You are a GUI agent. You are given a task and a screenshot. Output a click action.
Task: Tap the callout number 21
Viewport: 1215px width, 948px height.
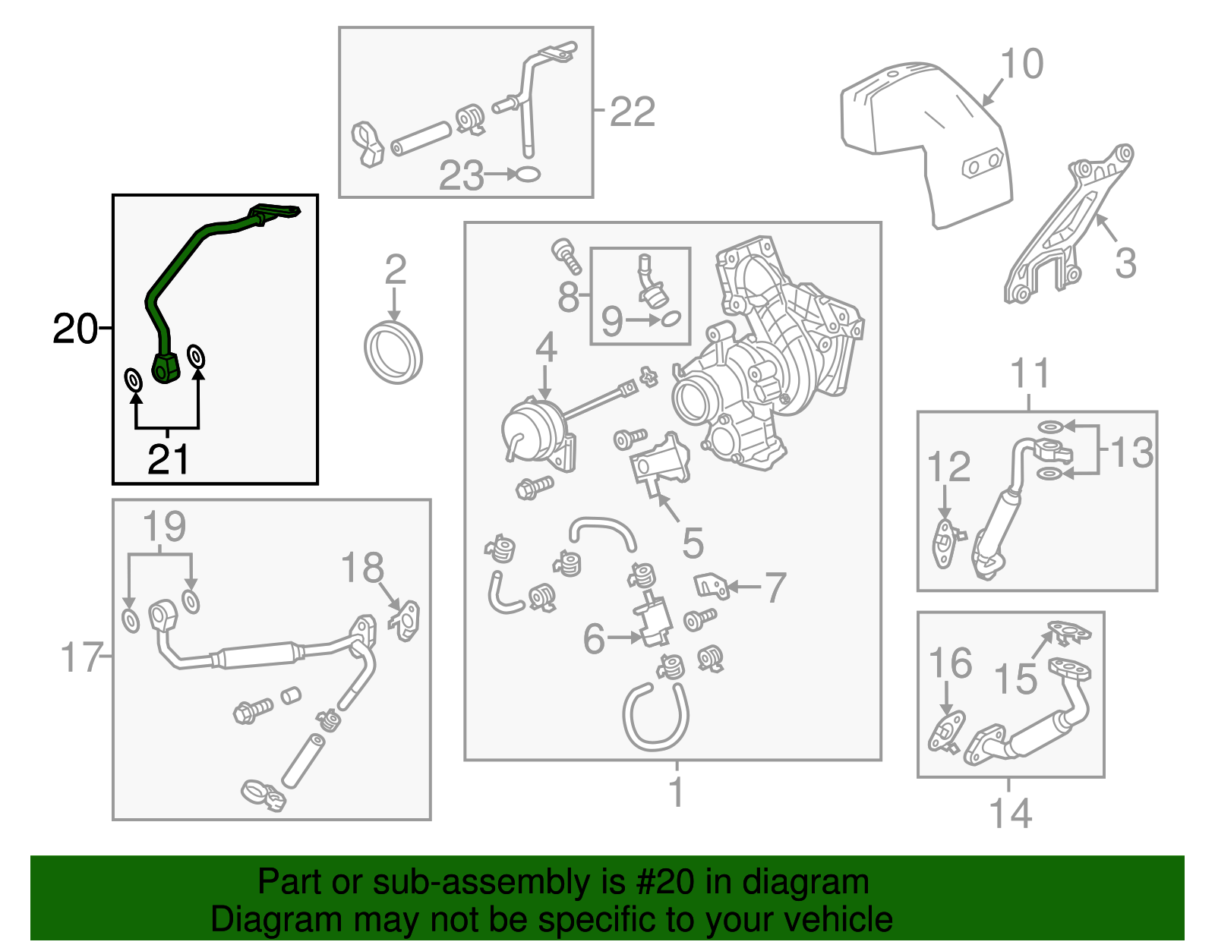168,459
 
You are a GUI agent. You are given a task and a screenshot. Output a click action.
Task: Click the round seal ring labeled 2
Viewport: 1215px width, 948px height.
393,353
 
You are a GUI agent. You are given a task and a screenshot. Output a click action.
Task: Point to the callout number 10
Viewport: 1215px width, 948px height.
1021,64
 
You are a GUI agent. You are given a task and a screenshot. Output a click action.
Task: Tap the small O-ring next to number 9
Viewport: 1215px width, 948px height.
671,320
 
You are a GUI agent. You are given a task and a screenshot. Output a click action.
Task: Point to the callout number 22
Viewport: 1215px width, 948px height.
632,112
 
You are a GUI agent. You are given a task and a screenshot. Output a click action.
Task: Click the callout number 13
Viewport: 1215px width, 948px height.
1131,452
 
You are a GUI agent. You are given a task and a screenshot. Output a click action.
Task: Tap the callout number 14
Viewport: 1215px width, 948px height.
1010,813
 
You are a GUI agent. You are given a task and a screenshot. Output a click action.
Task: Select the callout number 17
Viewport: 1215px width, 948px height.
81,657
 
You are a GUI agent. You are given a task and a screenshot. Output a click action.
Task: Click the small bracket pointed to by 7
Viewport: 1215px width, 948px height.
712,585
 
